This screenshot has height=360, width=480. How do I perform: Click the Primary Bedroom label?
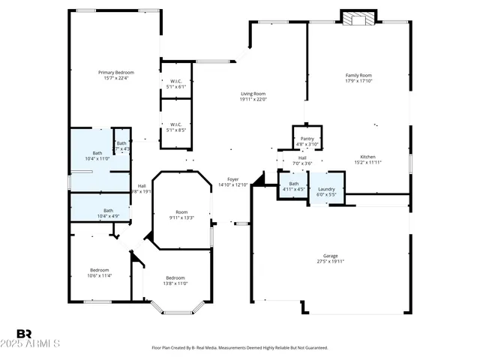coord(115,73)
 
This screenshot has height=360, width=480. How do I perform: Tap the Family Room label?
coord(358,75)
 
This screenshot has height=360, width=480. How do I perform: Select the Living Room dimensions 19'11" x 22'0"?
coord(253,99)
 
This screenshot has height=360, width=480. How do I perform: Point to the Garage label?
coord(331,256)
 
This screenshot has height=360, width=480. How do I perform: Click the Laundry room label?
coord(326,189)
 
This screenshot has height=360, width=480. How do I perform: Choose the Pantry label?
coord(307,139)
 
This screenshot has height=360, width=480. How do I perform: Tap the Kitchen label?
coord(367,157)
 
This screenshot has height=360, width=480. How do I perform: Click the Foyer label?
coord(233,179)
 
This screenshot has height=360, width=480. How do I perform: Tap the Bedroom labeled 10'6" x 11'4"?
coord(100,270)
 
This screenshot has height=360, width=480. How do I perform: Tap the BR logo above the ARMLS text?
coord(25,334)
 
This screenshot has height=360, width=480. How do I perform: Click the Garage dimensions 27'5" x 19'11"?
coord(331,262)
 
